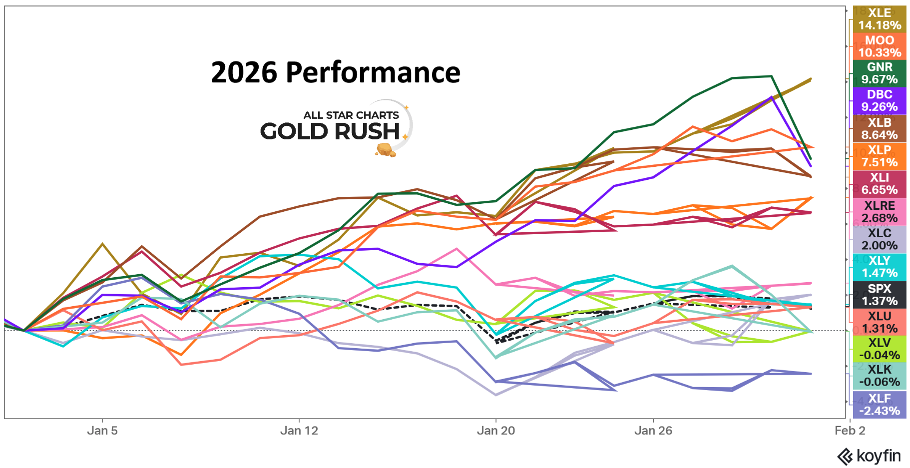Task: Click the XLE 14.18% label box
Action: [x=879, y=19]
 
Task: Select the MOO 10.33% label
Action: [x=879, y=46]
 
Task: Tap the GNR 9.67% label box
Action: [x=879, y=73]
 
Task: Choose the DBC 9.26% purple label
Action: [x=879, y=101]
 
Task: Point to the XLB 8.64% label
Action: [x=879, y=129]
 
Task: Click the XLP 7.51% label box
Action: [x=879, y=156]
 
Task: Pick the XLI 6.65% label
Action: [x=879, y=184]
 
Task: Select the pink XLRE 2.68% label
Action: [x=879, y=212]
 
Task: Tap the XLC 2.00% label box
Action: [x=879, y=239]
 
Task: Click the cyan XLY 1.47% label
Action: [x=879, y=267]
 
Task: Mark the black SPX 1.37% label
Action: [x=879, y=295]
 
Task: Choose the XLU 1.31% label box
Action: [x=879, y=322]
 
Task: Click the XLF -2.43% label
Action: [x=879, y=405]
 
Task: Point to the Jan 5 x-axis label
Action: [x=102, y=431]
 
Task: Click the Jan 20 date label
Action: [x=495, y=431]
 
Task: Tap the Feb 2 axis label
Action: [x=850, y=431]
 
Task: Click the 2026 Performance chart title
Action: [x=335, y=73]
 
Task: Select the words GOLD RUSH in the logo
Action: [x=330, y=131]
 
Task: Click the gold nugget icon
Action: [x=386, y=149]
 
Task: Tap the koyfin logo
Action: [x=869, y=456]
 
